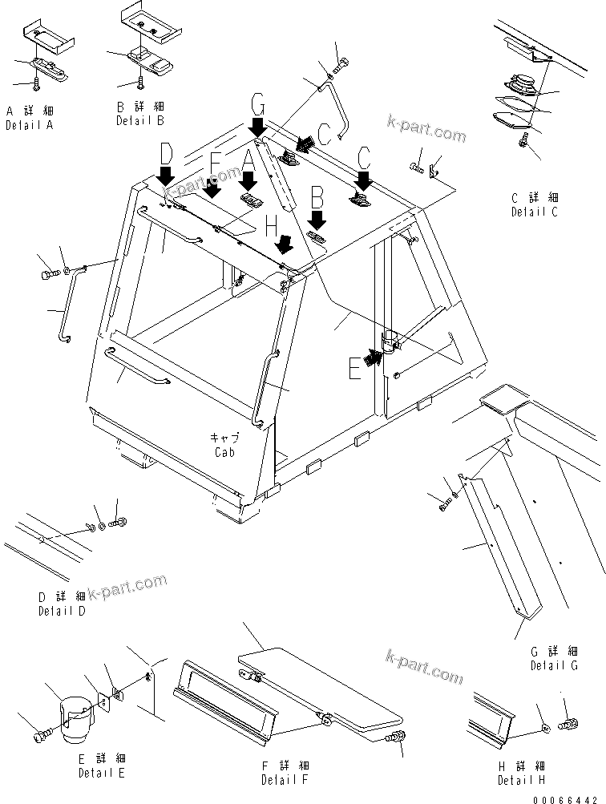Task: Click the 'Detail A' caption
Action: tap(29, 126)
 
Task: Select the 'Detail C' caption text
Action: tap(535, 212)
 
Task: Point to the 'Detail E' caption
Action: tap(101, 774)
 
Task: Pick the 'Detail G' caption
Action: tap(554, 665)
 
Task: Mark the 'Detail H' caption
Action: tap(521, 780)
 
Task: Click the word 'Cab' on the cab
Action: tap(224, 452)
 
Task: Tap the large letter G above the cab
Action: tap(257, 103)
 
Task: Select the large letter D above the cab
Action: tap(166, 152)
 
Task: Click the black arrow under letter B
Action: tap(317, 219)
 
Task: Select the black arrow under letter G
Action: tap(258, 126)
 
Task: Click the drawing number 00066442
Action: tap(570, 793)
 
